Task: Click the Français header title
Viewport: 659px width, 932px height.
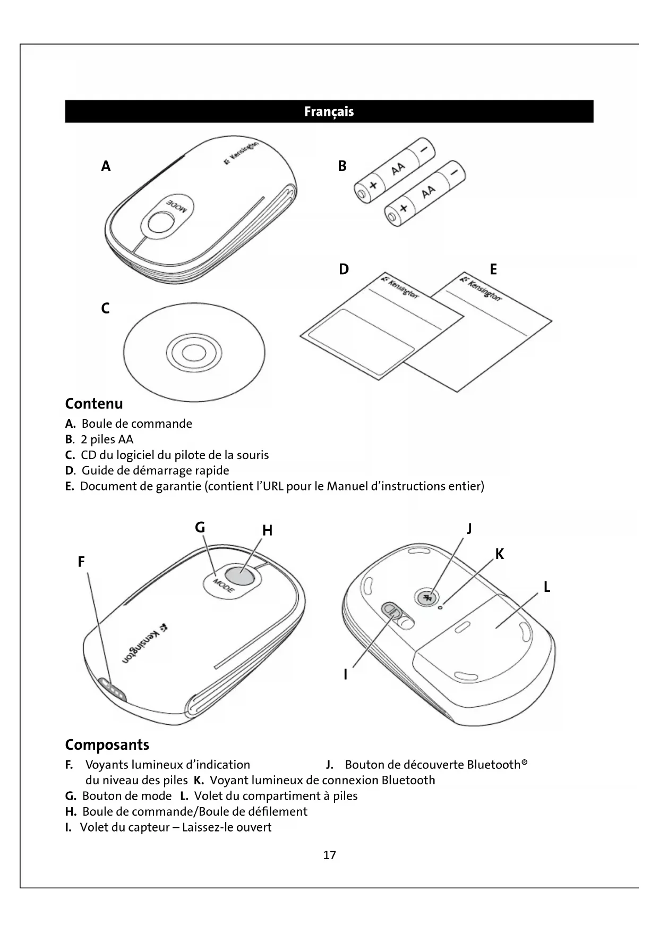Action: point(329,112)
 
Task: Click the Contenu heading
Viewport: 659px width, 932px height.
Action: point(94,404)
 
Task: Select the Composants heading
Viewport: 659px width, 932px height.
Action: point(107,744)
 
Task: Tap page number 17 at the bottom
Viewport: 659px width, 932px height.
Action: point(329,855)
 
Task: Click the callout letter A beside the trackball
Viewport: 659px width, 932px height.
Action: point(106,167)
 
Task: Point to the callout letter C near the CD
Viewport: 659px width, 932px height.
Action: point(105,308)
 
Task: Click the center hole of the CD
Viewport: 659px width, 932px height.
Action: point(193,352)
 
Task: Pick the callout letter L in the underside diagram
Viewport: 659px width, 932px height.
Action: point(546,587)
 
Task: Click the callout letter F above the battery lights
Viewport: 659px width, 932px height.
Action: point(81,562)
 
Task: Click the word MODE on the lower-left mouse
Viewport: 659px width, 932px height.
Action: point(224,586)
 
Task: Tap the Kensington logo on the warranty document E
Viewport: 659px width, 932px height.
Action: point(481,288)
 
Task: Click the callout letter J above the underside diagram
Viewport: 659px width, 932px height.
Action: point(469,529)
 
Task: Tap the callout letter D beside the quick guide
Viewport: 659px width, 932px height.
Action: point(344,269)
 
